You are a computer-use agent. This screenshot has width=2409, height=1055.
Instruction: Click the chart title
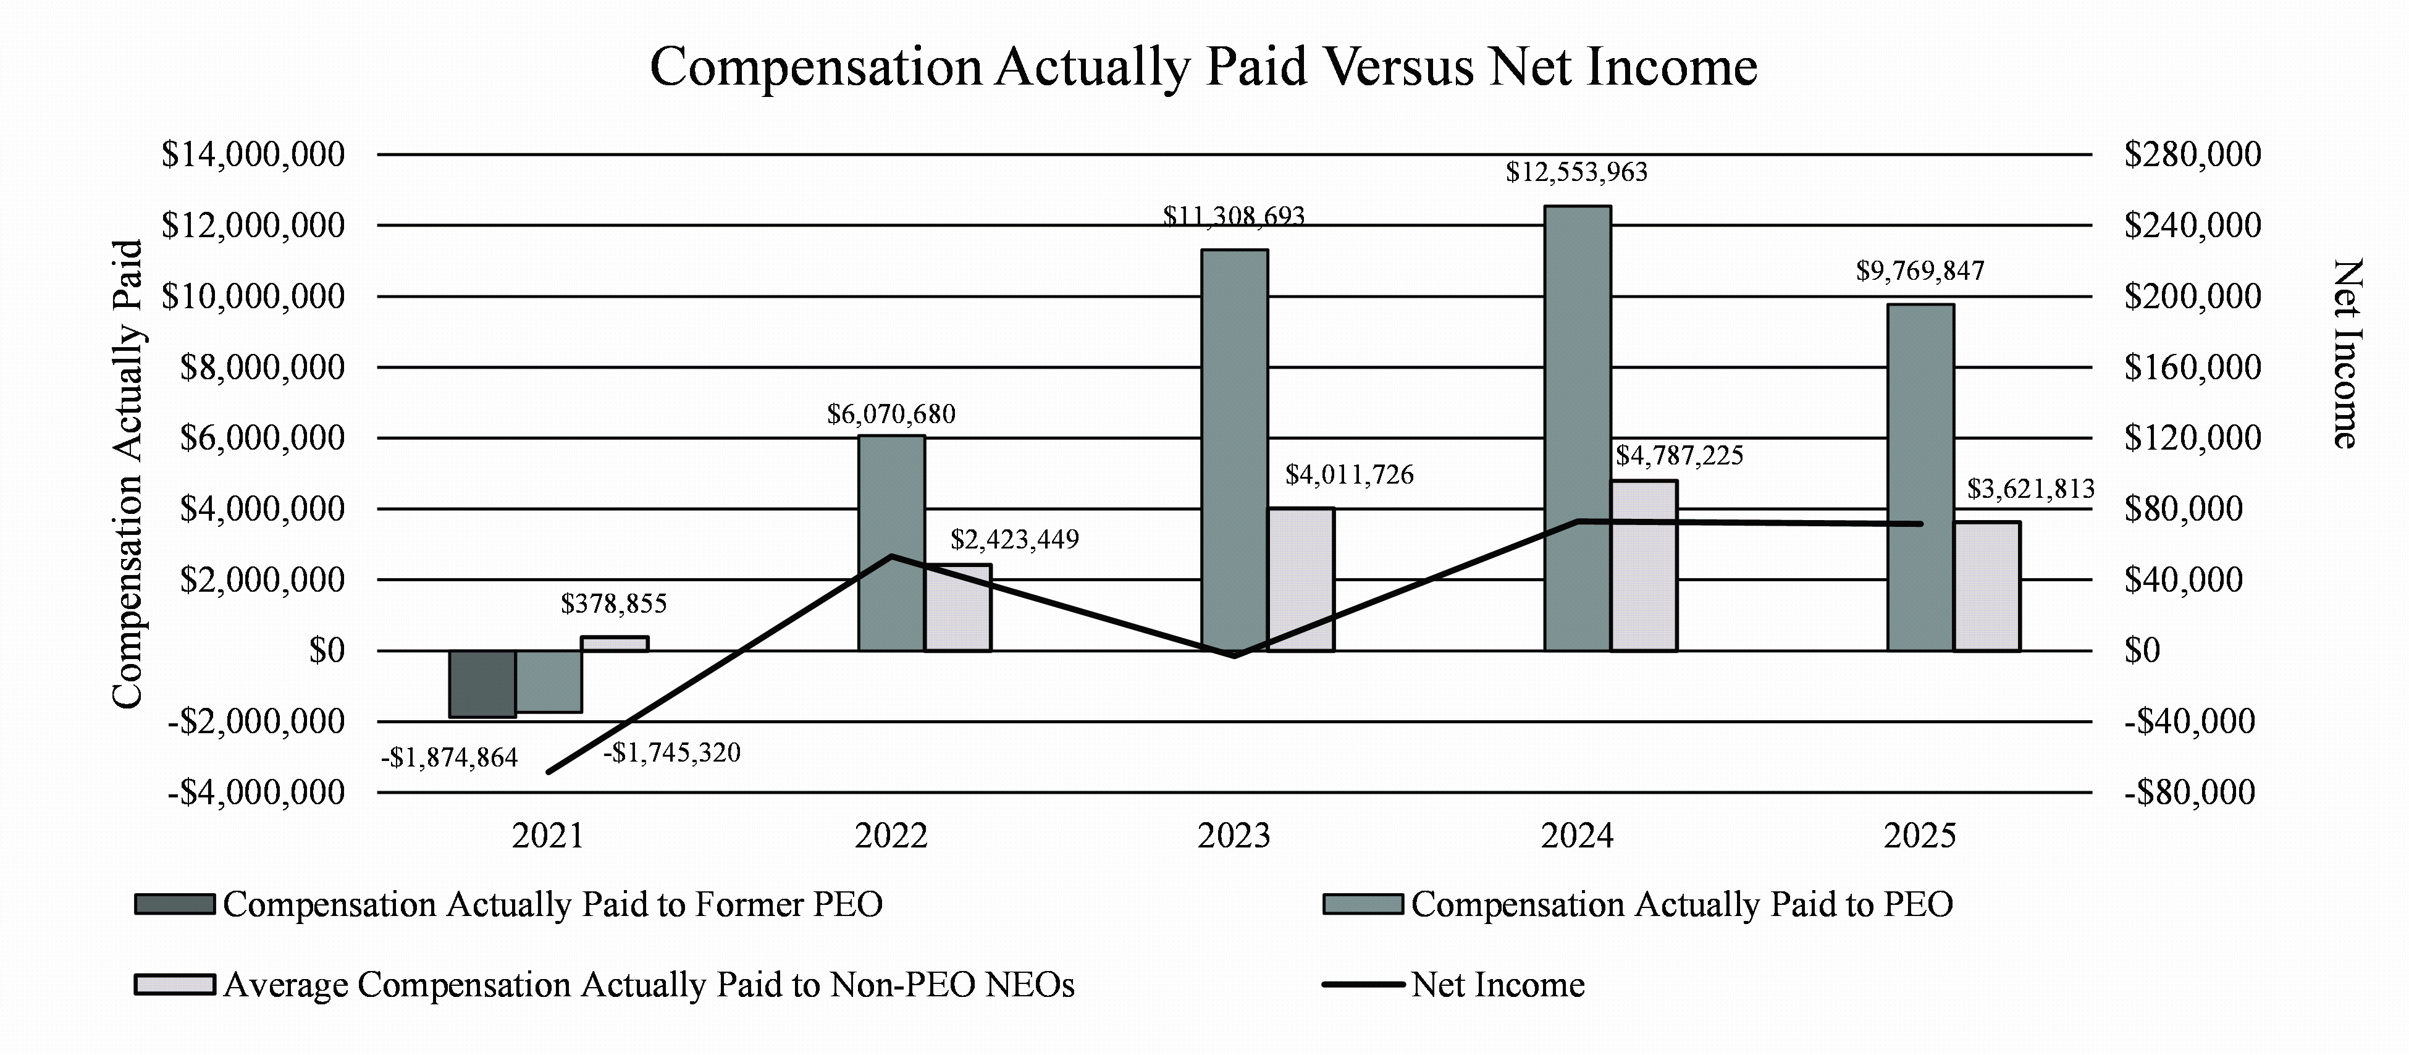click(1203, 67)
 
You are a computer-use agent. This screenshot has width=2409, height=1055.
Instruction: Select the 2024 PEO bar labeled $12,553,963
click(1577, 427)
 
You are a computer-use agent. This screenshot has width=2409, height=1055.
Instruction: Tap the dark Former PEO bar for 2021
click(482, 684)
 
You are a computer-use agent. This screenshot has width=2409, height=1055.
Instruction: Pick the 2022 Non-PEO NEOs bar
click(957, 608)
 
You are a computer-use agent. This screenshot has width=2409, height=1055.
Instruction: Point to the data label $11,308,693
click(1234, 217)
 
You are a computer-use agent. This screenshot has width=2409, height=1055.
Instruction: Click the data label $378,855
click(613, 604)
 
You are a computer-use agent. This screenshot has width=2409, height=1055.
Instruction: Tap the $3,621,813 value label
click(2030, 489)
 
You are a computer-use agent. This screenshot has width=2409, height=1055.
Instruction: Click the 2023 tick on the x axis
click(1234, 835)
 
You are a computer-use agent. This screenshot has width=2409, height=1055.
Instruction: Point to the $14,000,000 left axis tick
click(253, 154)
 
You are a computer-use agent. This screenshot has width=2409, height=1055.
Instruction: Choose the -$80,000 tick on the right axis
click(2188, 793)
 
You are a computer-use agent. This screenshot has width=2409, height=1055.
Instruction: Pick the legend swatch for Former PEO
click(175, 904)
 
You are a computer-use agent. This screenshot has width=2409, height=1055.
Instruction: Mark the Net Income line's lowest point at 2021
click(549, 771)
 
